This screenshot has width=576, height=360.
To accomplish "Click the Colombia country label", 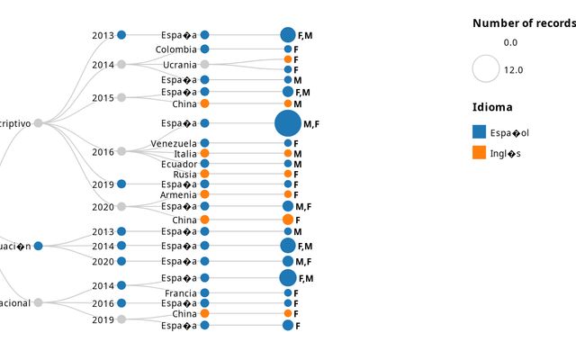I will tap(175, 49).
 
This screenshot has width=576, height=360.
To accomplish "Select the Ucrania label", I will tap(180, 65).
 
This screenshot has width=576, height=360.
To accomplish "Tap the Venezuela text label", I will tap(173, 144).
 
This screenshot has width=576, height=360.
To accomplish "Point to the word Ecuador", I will tap(178, 164).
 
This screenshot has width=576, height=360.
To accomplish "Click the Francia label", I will tap(180, 293).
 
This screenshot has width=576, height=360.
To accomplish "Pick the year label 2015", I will tap(103, 98).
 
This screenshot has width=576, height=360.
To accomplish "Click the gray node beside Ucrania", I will tap(204, 65).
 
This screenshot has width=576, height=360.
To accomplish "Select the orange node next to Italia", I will tap(204, 154).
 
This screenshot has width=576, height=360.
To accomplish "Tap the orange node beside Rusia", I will tap(204, 175).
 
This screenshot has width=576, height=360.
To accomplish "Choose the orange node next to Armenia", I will tap(204, 194).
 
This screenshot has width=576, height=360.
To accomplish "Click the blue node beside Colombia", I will tap(204, 49).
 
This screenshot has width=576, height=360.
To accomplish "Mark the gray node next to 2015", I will tap(121, 97).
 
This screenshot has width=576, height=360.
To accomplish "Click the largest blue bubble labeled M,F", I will tap(288, 123).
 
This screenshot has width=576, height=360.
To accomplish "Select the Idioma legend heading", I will tap(491, 107).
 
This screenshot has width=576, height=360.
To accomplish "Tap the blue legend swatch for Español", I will tap(479, 132).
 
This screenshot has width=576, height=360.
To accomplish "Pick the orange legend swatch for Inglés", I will tap(479, 153).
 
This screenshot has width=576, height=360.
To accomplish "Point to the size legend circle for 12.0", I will tap(486, 69).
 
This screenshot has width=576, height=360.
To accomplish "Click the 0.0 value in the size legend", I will tap(510, 42).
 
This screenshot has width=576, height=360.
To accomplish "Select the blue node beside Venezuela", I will tap(204, 144).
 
